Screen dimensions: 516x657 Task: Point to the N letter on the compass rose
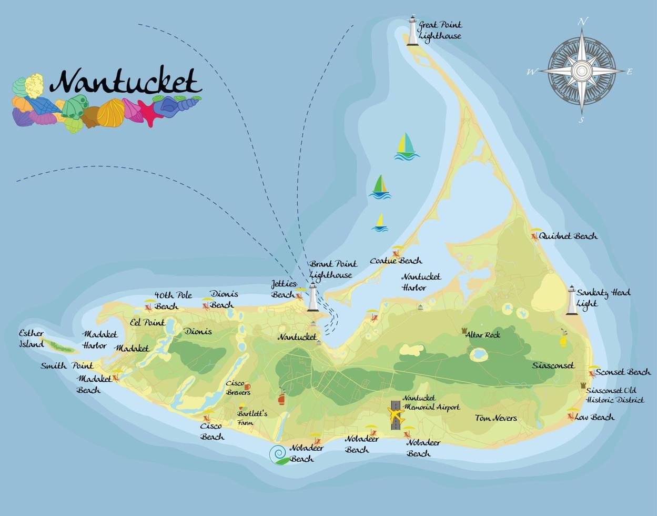tap(582, 22)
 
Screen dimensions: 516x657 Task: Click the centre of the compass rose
tap(582, 71)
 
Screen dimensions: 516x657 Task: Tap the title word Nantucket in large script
tap(126, 82)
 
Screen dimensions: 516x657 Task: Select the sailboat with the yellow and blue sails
tap(406, 146)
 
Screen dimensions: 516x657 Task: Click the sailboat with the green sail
tap(380, 187)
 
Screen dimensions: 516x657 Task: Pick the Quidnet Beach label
tap(568, 236)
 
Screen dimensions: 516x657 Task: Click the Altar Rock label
tap(482, 334)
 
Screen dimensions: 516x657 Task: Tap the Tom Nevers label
tap(496, 418)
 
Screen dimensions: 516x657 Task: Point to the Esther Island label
tap(31, 339)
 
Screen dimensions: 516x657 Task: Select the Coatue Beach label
tap(396, 261)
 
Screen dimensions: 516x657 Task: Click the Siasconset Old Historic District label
tap(614, 395)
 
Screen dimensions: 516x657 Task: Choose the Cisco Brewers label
tap(238, 388)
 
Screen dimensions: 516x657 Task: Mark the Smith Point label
tap(67, 365)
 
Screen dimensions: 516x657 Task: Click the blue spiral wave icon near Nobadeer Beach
tap(278, 454)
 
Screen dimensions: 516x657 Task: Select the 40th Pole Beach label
tap(173, 300)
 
